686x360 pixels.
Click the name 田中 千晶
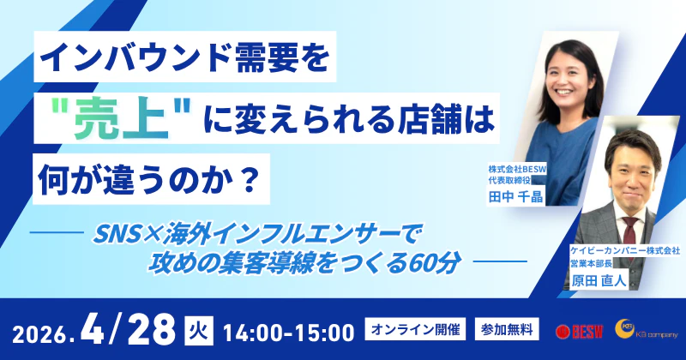[513, 200]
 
